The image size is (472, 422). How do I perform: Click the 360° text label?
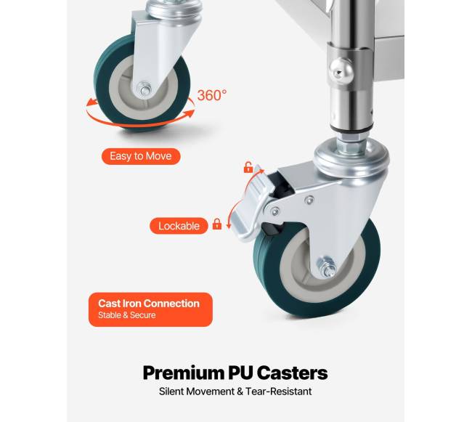tap(212, 95)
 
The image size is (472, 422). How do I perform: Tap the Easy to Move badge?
tap(141, 156)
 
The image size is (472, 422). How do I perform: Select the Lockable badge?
tap(179, 226)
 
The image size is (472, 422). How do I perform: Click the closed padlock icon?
tap(216, 224)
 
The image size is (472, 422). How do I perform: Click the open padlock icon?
tap(248, 167)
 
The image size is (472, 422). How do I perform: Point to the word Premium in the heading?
tap(183, 373)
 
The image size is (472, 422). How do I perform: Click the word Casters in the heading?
tap(293, 373)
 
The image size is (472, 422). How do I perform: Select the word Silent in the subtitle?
tap(171, 391)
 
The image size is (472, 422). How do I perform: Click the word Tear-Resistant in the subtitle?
tap(278, 391)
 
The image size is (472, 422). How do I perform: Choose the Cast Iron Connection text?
tap(149, 304)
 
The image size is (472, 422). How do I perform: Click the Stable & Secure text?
tap(127, 315)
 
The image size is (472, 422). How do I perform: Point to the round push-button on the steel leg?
tap(341, 71)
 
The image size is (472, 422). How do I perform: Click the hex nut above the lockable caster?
tap(350, 147)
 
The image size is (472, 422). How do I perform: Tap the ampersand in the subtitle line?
tap(240, 391)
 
